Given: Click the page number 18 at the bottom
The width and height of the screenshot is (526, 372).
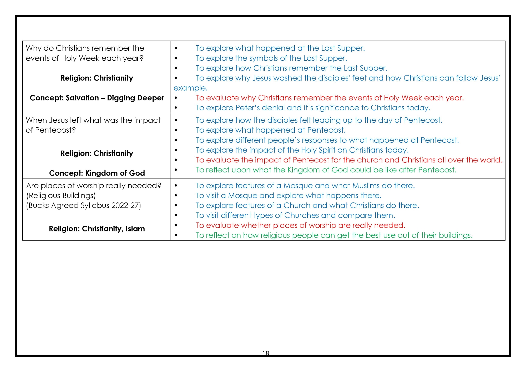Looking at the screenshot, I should tap(265, 353).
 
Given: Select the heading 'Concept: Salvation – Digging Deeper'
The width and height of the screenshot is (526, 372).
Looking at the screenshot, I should tap(97, 98).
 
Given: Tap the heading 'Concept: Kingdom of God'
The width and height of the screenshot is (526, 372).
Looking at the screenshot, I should tap(97, 173).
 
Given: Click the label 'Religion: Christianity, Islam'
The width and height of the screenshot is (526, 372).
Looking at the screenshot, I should tap(97, 229).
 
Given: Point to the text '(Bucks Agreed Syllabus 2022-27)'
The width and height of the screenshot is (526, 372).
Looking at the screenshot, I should tap(83, 206).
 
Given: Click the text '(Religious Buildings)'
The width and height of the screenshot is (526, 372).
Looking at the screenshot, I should tap(61, 196).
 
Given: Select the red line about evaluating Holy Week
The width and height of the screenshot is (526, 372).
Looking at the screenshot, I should tap(330, 98).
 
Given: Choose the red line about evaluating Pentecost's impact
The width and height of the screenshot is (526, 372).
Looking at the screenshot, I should tap(349, 160).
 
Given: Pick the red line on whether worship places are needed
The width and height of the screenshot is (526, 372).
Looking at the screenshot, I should tap(301, 226).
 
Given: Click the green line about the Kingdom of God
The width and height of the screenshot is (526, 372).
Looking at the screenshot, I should tap(326, 170).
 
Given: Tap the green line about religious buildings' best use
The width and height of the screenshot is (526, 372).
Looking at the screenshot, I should tap(334, 235).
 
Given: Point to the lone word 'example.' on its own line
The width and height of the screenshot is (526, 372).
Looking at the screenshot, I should tap(190, 88).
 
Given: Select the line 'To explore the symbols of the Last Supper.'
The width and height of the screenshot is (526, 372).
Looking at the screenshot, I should tap(271, 58).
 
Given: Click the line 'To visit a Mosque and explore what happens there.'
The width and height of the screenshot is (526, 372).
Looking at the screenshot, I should tap(289, 196).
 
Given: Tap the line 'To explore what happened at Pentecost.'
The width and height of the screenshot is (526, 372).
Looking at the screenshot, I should tap(271, 130).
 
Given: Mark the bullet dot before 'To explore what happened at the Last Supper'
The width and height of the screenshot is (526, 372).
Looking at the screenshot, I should tap(176, 48).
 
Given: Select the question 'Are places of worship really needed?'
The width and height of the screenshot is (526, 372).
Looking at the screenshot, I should tap(94, 186).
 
